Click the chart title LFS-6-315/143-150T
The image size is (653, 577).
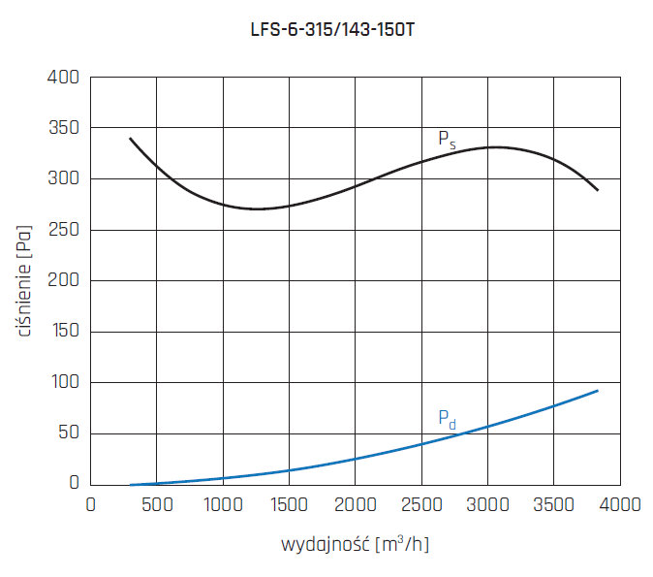334,30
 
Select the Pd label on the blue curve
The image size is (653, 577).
447,419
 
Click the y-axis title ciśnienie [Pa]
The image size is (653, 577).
24,280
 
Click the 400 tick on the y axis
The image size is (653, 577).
65,77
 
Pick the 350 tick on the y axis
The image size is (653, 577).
65,128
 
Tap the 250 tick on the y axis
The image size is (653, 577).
65,230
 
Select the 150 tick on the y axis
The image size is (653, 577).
65,332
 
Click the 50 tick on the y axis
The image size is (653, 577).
69,433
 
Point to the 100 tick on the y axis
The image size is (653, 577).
65,383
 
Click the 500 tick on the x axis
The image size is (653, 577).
157,504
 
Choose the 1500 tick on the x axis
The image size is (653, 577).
289,504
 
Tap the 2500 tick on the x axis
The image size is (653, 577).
420,504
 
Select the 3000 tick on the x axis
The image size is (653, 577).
487,504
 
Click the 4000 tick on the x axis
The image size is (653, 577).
619,504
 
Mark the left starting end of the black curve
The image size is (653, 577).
130,139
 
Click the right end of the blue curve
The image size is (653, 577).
598,391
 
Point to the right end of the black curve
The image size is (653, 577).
598,190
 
